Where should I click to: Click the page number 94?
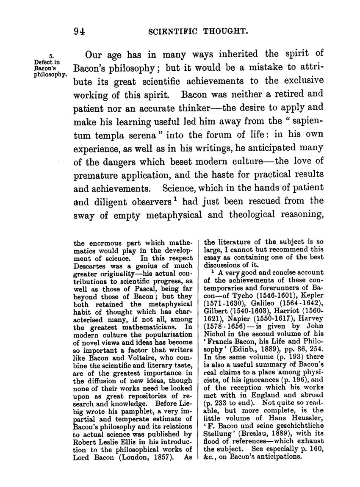80,31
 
